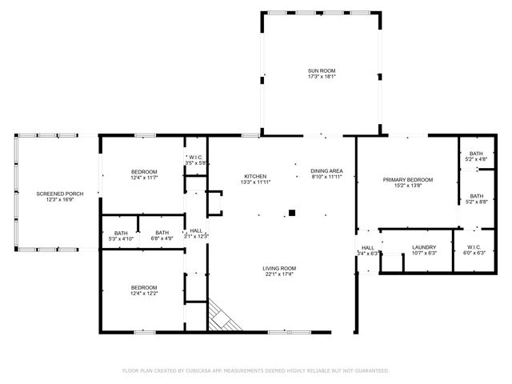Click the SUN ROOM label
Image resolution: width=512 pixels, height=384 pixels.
[x=322, y=71]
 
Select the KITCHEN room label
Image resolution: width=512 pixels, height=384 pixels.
[x=255, y=176]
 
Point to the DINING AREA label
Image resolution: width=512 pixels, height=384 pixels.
[x=326, y=171]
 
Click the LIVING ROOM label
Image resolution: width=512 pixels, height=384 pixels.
[x=279, y=268]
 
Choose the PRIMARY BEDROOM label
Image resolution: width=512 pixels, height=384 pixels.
[x=408, y=179]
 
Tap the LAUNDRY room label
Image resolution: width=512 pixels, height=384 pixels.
[x=423, y=247]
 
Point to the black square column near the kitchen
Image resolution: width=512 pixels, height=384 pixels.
[x=292, y=213]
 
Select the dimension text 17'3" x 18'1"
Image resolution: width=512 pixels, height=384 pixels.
[x=322, y=78]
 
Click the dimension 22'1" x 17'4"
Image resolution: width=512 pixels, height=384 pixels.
[x=279, y=274]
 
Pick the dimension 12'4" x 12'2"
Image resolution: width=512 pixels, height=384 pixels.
[x=144, y=294]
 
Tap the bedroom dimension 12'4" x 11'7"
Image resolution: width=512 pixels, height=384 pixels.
[x=144, y=178]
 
